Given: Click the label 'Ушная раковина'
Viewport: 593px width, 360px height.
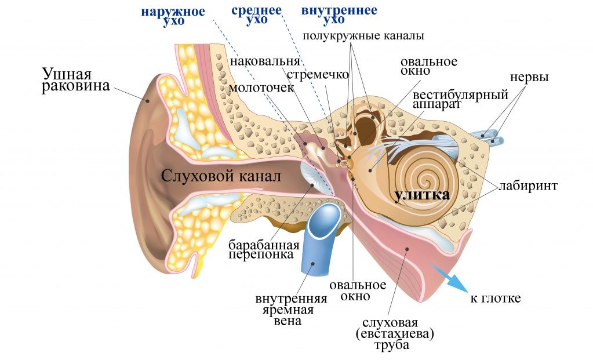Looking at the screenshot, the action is click(x=75, y=79).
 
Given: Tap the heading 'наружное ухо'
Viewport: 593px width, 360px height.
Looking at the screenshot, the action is click(x=173, y=16).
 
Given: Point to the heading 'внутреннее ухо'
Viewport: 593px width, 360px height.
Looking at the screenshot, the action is click(x=339, y=14).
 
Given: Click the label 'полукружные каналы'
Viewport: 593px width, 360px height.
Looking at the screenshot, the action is click(x=363, y=36).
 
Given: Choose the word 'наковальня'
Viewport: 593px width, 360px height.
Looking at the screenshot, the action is click(x=265, y=61).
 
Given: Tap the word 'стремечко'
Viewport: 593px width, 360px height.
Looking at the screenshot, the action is click(x=318, y=75).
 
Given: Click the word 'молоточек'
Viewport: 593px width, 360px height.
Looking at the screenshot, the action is click(x=261, y=88).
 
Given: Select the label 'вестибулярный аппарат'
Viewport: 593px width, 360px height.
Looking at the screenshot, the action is click(x=460, y=99).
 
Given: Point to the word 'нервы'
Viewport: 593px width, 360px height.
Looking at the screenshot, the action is click(x=529, y=77).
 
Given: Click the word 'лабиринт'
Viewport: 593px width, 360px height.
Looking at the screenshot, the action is click(x=527, y=186).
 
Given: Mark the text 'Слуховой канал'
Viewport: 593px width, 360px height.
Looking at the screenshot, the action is click(x=221, y=176).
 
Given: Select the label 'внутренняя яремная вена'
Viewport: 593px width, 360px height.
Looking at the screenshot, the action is click(x=291, y=310).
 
